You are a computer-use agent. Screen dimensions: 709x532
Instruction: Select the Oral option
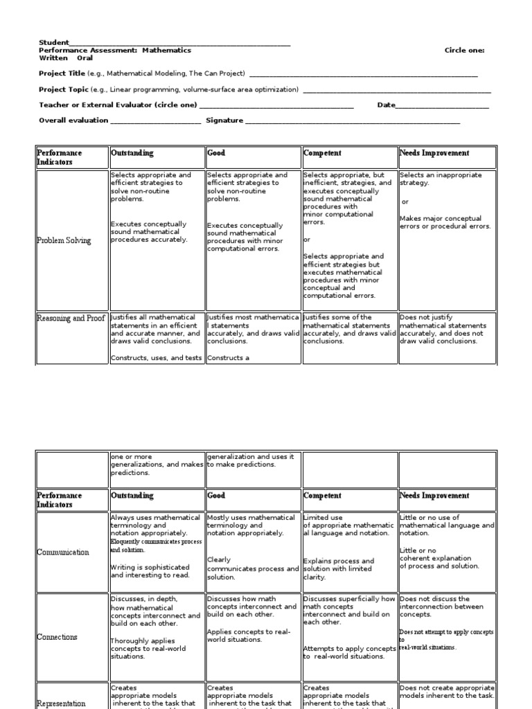85,58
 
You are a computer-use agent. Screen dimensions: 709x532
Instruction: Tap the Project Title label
62,73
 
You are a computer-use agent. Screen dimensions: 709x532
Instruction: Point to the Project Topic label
63,89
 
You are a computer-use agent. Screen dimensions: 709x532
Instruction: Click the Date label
386,105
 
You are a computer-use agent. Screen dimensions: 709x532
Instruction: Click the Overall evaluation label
73,120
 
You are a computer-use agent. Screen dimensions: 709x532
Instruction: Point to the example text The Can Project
218,73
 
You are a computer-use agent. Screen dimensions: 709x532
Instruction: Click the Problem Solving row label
64,241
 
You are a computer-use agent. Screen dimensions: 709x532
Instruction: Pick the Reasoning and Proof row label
72,318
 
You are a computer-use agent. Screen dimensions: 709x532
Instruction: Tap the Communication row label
64,553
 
